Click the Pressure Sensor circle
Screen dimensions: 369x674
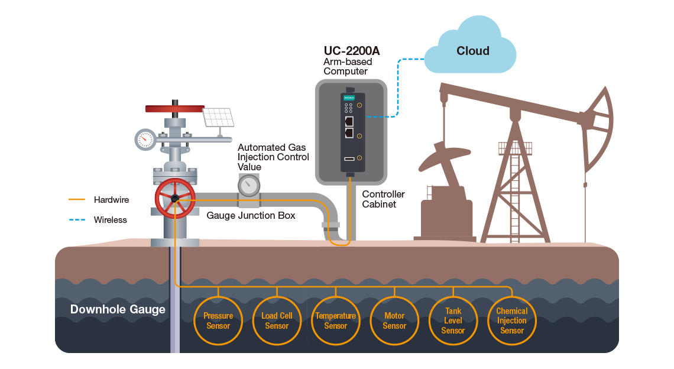(218, 321)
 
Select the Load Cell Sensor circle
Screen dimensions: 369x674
(277, 321)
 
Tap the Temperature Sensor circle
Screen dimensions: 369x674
(335, 321)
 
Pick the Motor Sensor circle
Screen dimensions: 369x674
(394, 321)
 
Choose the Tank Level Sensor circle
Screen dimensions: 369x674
(453, 321)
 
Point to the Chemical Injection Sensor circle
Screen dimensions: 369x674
(511, 321)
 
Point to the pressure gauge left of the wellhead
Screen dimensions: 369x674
(145, 139)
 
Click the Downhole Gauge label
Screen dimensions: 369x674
(118, 309)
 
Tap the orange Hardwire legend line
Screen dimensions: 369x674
(77, 200)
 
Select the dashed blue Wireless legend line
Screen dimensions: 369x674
(77, 219)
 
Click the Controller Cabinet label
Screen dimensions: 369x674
(383, 199)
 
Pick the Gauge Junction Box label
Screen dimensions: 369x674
(251, 216)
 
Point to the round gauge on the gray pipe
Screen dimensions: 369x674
(249, 185)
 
